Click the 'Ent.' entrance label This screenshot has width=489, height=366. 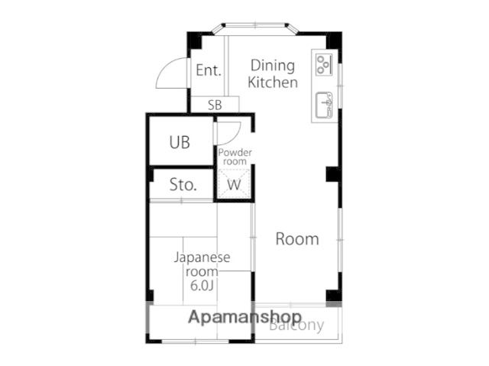pos(208,71)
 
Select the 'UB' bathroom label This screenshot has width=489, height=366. pos(180,142)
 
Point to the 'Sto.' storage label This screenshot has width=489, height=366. pos(183,185)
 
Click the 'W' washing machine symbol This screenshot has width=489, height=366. pos(235,185)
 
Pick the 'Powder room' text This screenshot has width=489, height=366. pos(235,157)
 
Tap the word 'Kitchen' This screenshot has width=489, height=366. pos(273,83)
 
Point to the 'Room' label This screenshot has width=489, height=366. pos(296,239)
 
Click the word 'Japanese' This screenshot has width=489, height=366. pos(202,257)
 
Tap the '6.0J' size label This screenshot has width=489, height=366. pos(202,286)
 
